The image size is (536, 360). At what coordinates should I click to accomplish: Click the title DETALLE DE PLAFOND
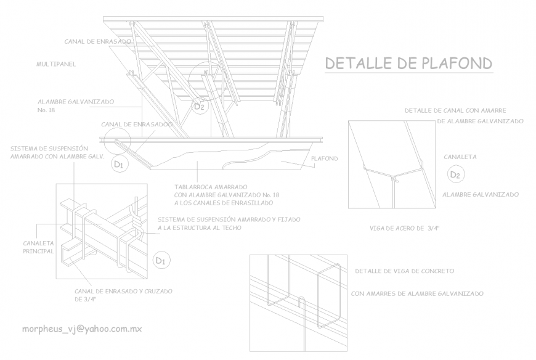[x=408, y=63]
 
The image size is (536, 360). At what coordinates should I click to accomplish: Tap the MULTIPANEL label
[x=57, y=63]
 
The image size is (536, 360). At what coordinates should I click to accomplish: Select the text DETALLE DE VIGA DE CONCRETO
[x=405, y=271]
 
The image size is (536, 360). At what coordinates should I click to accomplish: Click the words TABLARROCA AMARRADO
[x=211, y=186]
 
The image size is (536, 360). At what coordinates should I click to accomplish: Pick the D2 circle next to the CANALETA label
[x=455, y=176]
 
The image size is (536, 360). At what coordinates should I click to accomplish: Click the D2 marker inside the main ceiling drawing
[x=198, y=107]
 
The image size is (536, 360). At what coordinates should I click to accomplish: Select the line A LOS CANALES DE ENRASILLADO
[x=223, y=203]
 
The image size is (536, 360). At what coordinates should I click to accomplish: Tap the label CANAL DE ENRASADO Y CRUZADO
[x=123, y=290]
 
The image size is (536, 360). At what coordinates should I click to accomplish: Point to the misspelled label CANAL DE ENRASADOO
[x=137, y=124]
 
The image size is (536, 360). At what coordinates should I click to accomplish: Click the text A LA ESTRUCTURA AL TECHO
[x=199, y=228]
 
